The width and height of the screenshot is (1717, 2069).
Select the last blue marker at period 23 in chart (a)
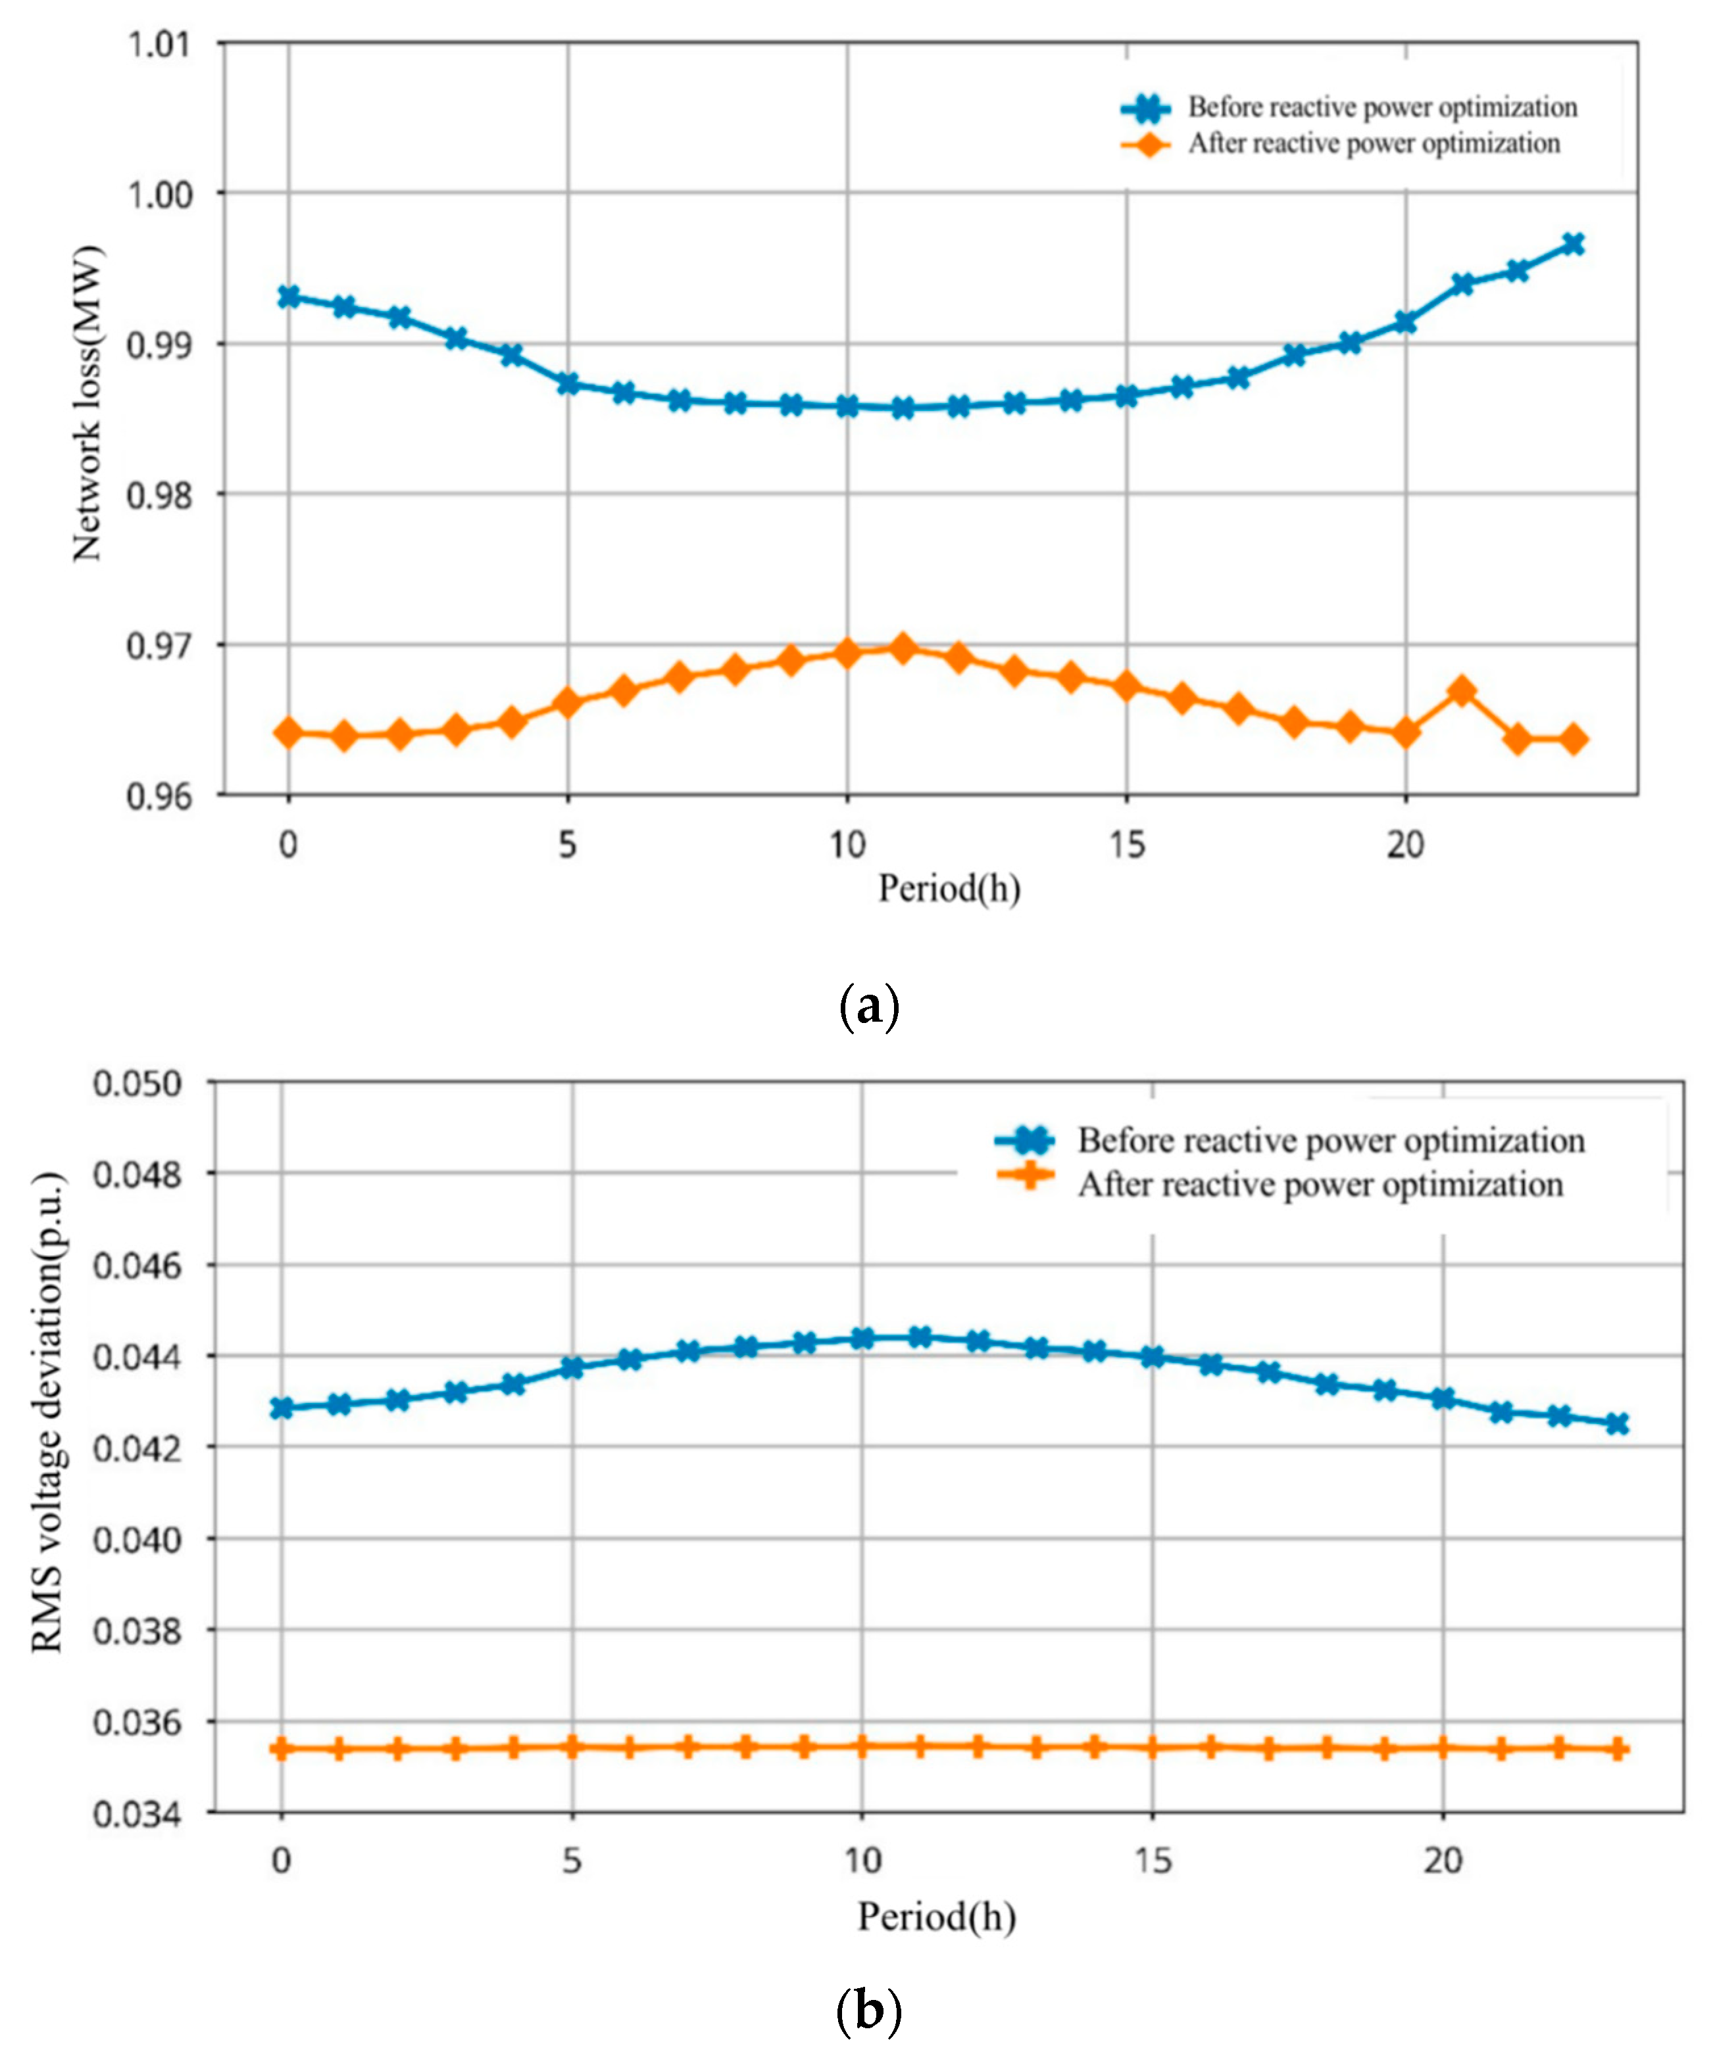click(1573, 245)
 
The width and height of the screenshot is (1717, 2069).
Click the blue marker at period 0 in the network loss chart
click(287, 297)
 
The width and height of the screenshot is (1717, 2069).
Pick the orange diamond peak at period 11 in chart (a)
click(902, 648)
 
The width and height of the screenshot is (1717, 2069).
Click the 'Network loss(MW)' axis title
click(87, 402)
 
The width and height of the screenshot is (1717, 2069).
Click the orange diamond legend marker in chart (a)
click(1146, 145)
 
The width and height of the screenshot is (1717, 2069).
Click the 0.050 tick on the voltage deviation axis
click(138, 1083)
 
